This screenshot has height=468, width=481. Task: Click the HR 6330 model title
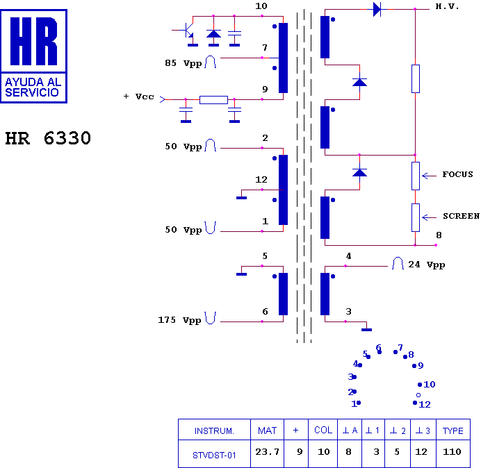48,138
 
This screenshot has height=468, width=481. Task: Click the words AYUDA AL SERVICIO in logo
33,87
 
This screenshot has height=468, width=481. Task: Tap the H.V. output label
447,6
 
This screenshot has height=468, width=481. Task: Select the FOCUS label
457,174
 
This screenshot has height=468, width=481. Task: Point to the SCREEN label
461,216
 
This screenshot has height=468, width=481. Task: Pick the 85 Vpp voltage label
184,63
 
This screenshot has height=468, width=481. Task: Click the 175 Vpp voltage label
179,320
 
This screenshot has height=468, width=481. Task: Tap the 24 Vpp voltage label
426,265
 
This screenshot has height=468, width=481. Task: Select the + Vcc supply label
138,97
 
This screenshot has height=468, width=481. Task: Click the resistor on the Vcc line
213,99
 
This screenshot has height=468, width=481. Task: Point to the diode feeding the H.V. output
377,9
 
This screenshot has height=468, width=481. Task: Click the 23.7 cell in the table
267,452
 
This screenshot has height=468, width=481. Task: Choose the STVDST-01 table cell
214,456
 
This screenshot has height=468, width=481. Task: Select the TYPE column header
453,431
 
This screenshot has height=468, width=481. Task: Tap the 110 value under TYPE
452,452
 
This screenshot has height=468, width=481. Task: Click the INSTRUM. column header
214,431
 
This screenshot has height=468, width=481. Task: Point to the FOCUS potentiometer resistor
416,176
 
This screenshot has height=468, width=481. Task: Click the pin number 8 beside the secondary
439,235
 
